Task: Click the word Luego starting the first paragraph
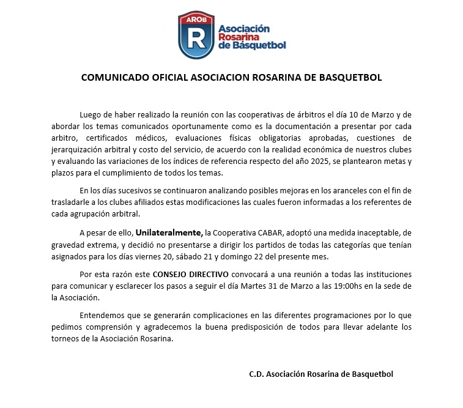click(91, 115)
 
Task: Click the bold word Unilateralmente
click(169, 233)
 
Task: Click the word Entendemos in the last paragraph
click(103, 316)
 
